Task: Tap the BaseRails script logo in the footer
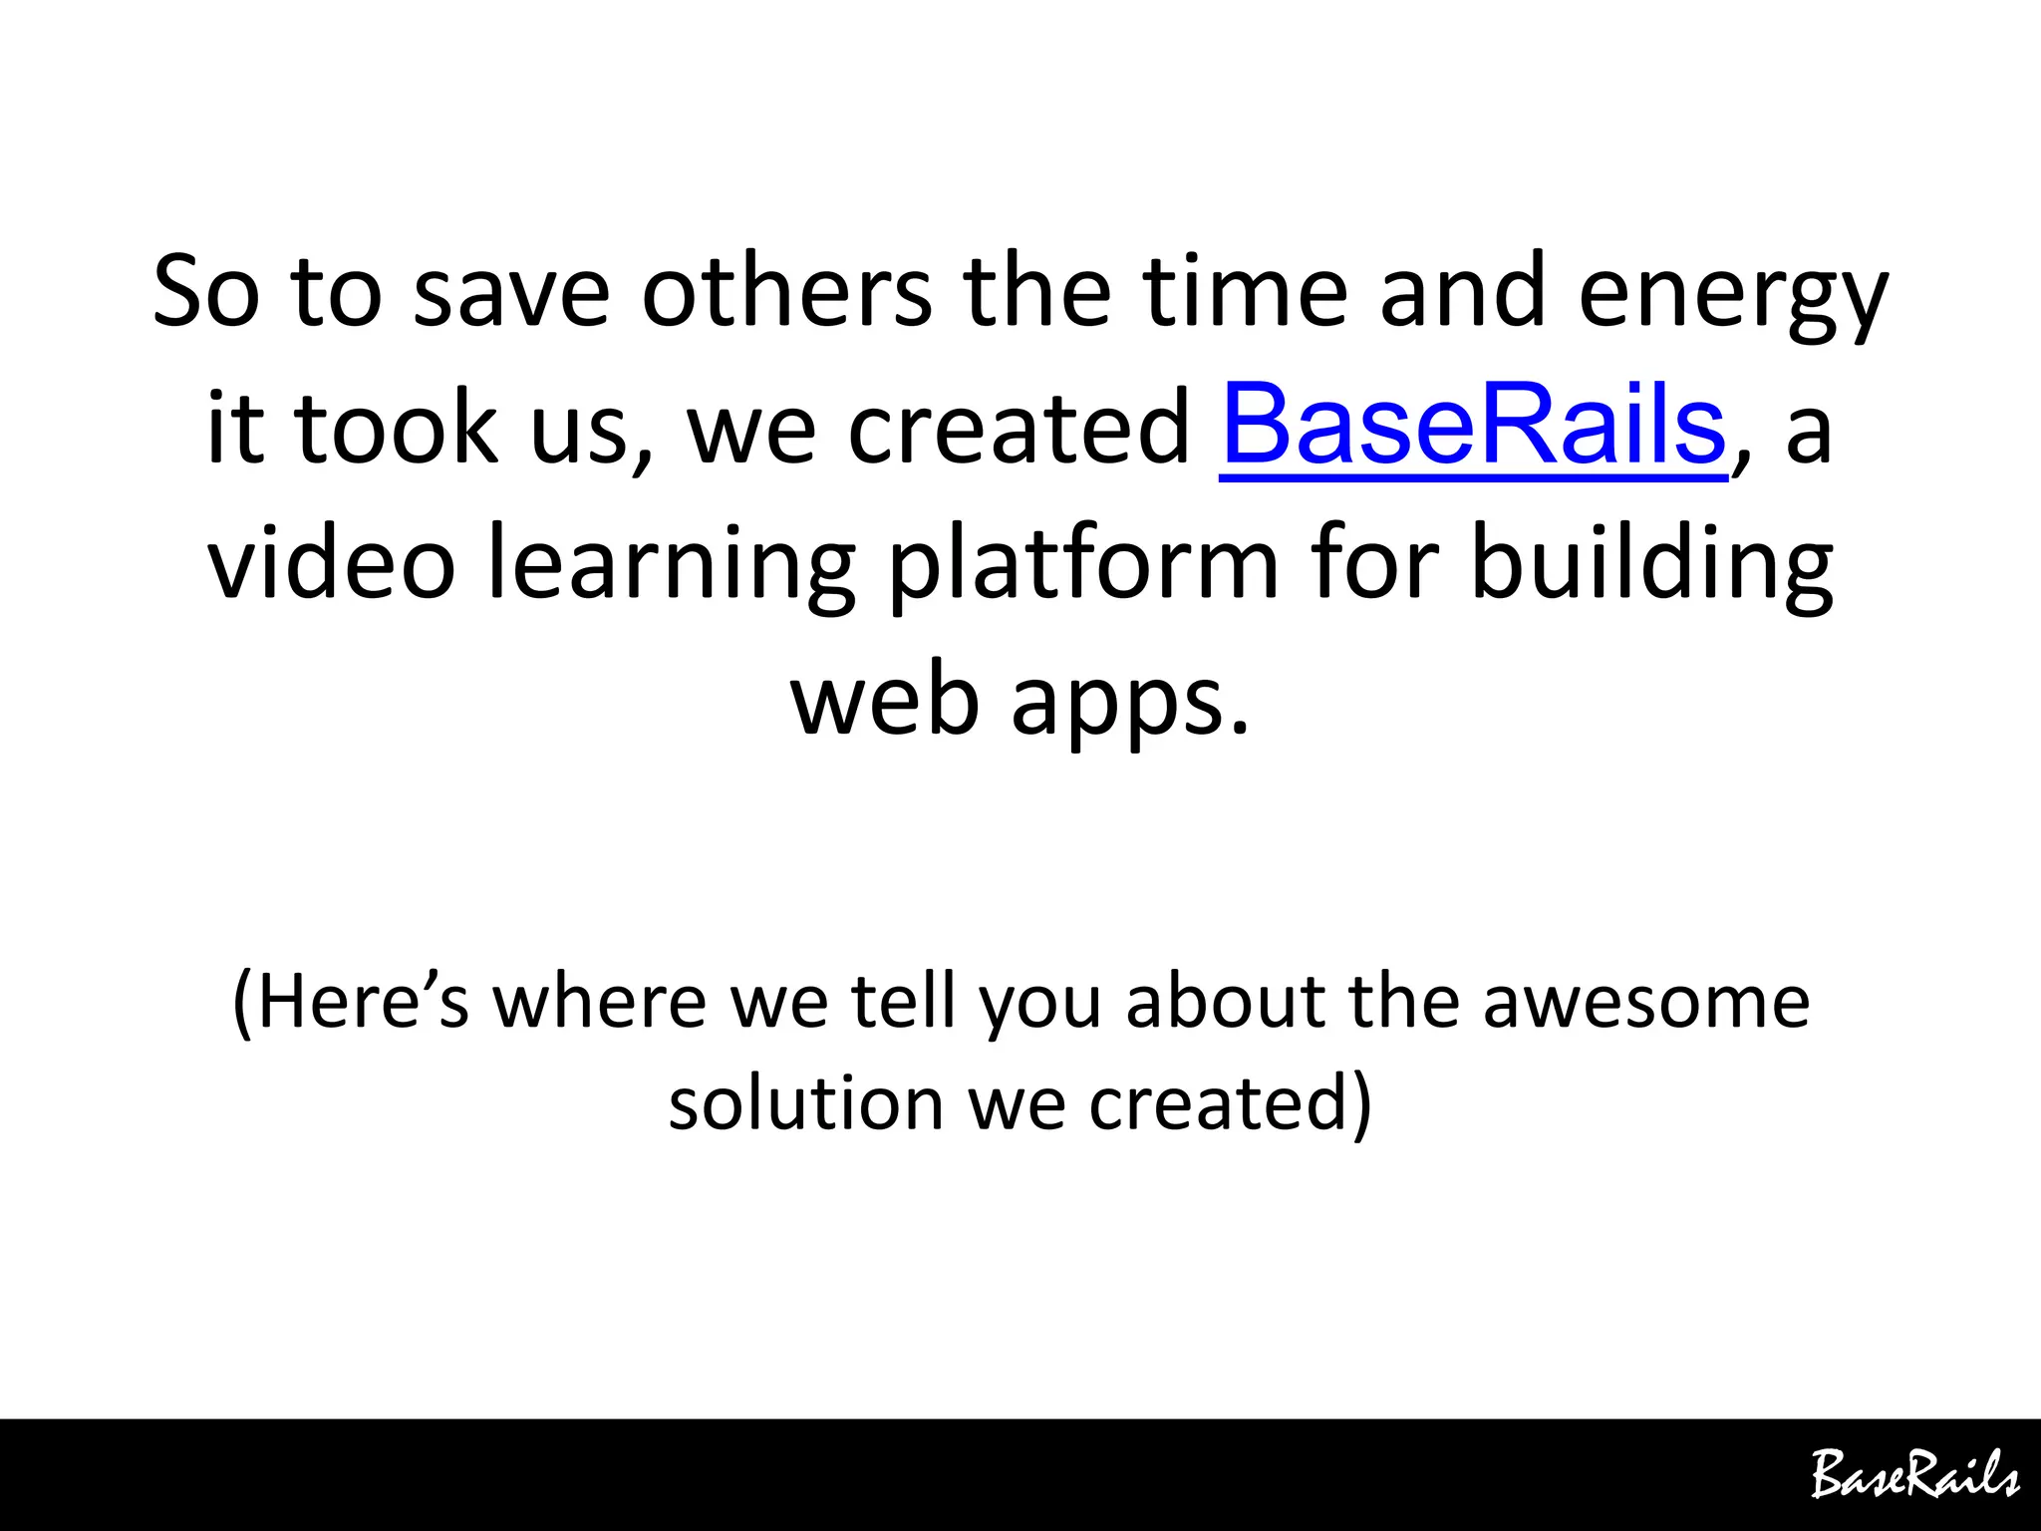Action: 1914,1475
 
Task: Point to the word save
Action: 511,294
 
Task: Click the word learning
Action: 671,566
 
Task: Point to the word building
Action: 1651,566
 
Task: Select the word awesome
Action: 1645,1002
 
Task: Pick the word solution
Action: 805,1103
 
